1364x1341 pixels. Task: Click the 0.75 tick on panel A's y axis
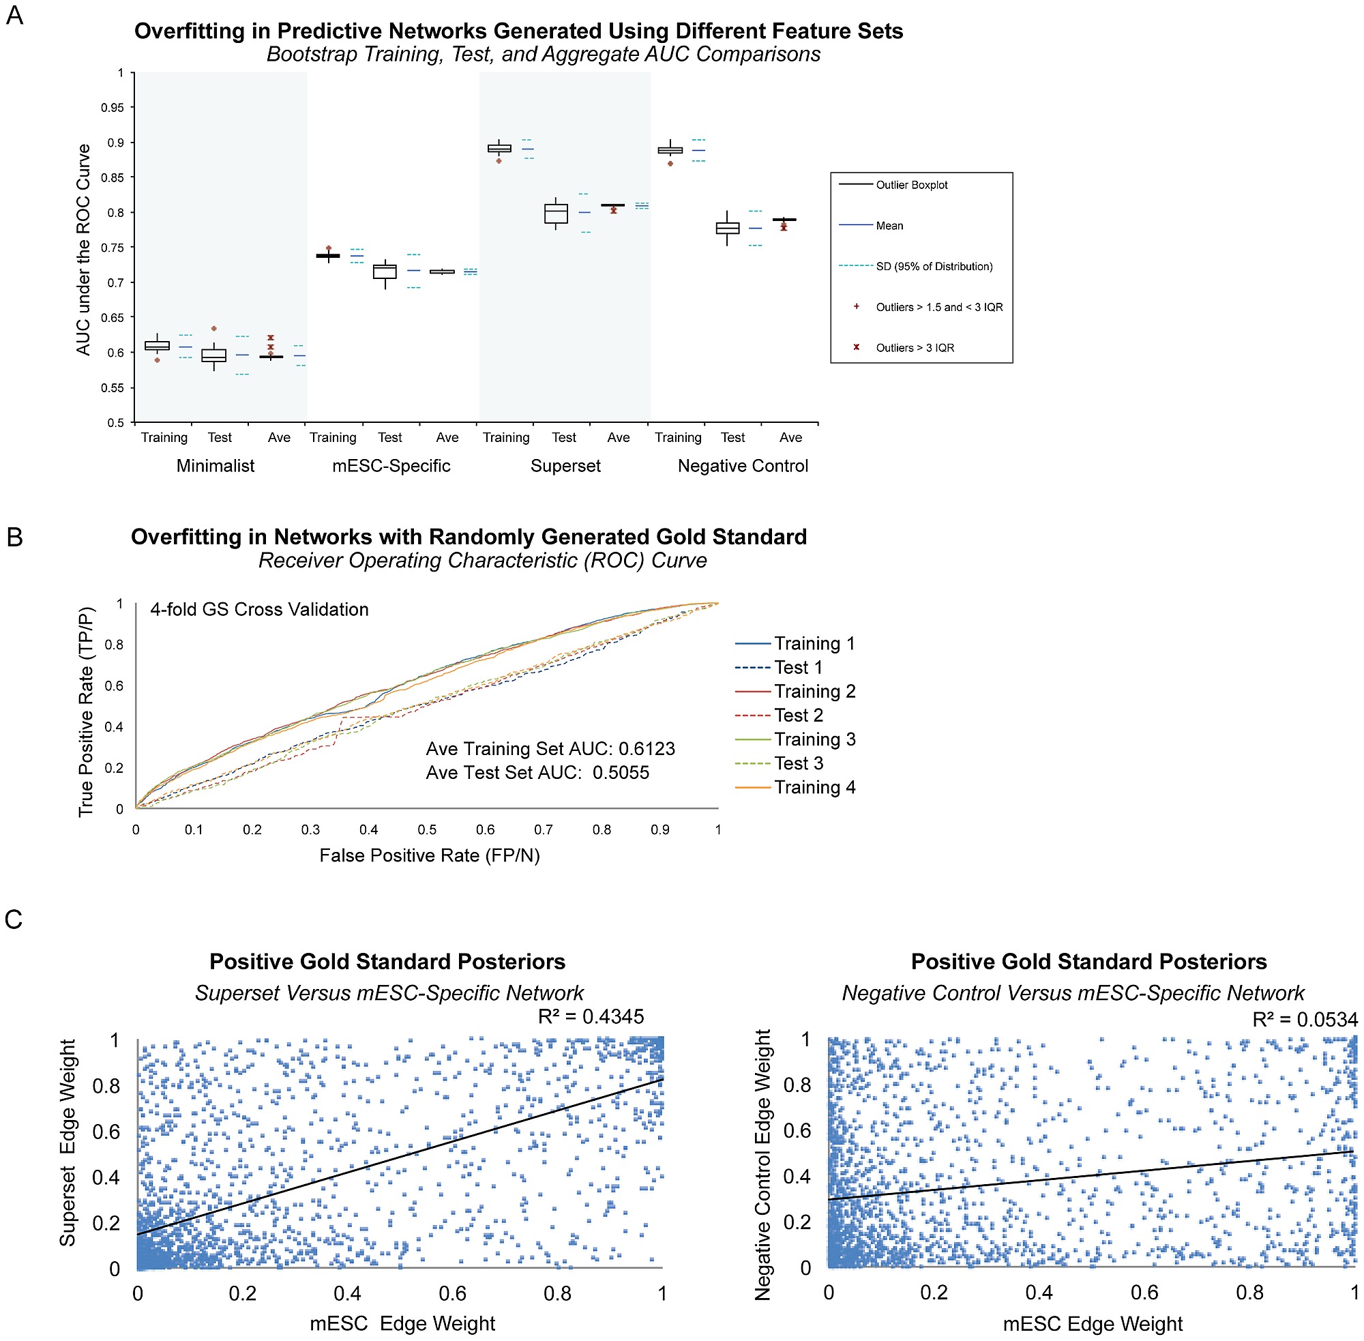click(x=112, y=248)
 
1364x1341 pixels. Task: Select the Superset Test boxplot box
click(x=556, y=213)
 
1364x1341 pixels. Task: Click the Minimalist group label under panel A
click(x=215, y=466)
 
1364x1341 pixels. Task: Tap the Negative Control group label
click(x=742, y=466)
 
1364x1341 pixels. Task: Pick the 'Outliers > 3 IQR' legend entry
click(x=914, y=348)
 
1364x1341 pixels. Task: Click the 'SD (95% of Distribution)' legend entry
click(x=933, y=266)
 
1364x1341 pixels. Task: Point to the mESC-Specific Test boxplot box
click(x=385, y=272)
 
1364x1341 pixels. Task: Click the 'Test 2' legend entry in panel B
click(x=798, y=716)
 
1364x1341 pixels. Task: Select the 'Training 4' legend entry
click(x=814, y=787)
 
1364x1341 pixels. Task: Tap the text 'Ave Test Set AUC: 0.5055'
click(x=537, y=773)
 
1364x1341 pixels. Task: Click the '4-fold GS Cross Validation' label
click(x=259, y=609)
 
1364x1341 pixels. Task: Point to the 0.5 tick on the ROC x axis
click(x=427, y=829)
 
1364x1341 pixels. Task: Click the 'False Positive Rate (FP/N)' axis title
click(x=429, y=855)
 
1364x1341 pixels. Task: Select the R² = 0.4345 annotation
click(x=590, y=1016)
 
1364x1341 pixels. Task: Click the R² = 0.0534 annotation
click(x=1304, y=1019)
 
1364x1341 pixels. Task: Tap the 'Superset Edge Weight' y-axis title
click(x=68, y=1143)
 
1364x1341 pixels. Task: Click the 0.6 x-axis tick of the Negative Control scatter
click(x=1144, y=1293)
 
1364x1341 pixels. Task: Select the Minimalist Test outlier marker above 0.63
click(x=214, y=329)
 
